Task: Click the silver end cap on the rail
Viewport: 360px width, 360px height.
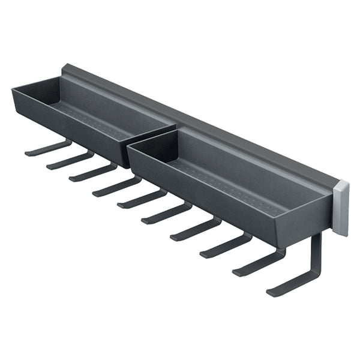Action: point(341,208)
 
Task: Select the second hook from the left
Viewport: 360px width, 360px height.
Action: point(69,161)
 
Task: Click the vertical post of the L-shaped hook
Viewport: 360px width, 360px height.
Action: point(316,255)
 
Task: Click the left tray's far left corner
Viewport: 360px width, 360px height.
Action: point(13,90)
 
